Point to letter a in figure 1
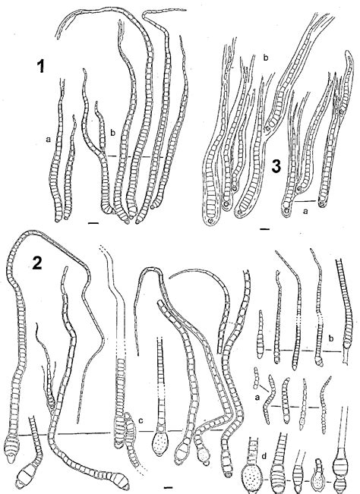coord(47,139)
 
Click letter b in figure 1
coord(112,134)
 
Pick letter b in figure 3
coord(265,58)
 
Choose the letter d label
coord(262,455)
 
